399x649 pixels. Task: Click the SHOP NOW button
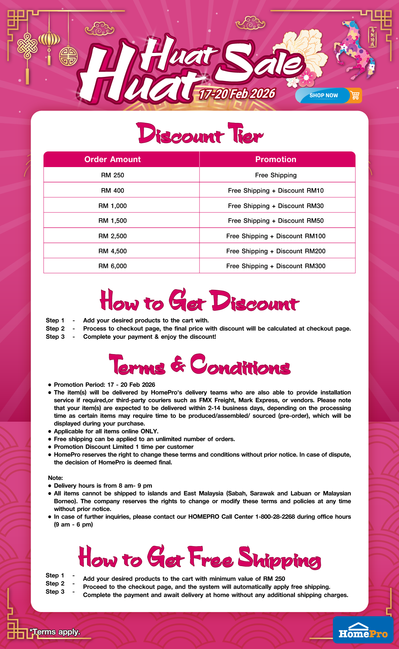323,96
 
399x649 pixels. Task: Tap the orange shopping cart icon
355,96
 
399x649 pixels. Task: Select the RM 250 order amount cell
112,175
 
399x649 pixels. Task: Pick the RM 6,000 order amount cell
112,266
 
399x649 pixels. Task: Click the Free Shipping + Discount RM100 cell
276,236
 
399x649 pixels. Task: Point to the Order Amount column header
112,159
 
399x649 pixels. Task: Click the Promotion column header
276,159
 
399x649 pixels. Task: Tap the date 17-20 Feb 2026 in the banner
237,94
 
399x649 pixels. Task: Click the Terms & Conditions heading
199,365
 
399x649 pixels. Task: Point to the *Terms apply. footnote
55,632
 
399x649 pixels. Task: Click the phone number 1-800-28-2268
275,517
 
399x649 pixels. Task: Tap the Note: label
55,478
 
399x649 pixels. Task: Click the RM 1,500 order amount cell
112,221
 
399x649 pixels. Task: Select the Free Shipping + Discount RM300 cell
276,266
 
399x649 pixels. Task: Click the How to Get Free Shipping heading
199,557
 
